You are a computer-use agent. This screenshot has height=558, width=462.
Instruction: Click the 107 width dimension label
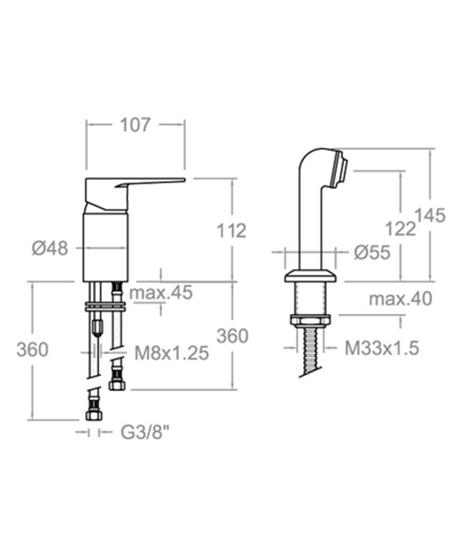tap(135, 125)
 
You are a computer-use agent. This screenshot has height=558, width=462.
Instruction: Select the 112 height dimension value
tap(231, 230)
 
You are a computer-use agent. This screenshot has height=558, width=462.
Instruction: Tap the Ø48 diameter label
tap(50, 248)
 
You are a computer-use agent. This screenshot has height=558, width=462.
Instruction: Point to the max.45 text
tap(161, 292)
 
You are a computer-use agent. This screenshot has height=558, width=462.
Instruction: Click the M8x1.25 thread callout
tap(172, 353)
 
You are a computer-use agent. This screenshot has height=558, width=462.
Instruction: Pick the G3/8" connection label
tap(145, 432)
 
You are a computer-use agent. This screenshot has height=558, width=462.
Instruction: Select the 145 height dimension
tap(430, 215)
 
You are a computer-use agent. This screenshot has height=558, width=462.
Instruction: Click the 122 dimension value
tap(401, 229)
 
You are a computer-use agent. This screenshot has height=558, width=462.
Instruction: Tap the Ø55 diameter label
tap(372, 252)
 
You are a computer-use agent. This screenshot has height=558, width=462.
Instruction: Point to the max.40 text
tap(401, 299)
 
